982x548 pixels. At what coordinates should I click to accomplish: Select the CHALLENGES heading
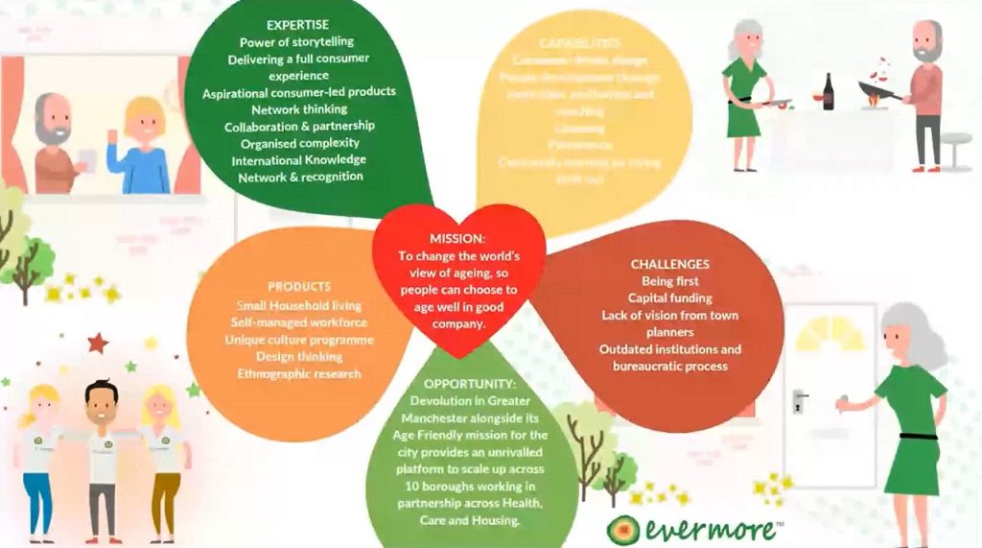669,264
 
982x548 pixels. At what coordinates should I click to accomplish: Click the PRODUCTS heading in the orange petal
298,286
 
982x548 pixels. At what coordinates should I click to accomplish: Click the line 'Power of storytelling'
298,40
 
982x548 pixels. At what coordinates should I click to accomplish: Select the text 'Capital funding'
669,298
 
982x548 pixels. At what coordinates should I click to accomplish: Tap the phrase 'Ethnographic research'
298,373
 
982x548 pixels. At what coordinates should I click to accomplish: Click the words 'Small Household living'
298,305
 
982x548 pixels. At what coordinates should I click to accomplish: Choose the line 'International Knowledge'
298,160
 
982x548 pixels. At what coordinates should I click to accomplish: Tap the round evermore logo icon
622,529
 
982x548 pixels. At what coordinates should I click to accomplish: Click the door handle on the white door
799,399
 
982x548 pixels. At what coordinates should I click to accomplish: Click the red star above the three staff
96,343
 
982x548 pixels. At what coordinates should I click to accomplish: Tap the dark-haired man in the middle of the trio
101,451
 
